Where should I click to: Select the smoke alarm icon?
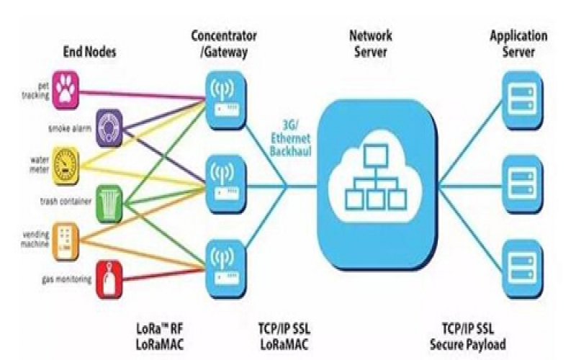(107, 124)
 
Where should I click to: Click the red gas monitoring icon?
(109, 277)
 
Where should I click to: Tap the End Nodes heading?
(89, 51)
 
